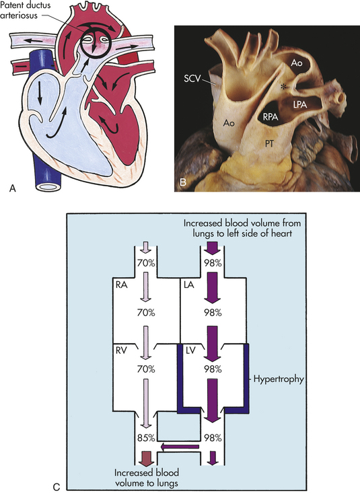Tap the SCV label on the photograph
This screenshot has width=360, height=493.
pos(192,78)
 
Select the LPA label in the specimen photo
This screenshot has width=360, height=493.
pos(299,104)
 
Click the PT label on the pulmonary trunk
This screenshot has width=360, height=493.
pos(268,144)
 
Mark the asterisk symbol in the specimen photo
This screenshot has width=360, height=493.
pos(284,87)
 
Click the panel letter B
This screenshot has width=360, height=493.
pos(183,182)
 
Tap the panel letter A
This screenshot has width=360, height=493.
pos(13,188)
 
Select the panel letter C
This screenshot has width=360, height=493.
pos(56,487)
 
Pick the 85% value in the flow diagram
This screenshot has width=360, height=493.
pos(146,437)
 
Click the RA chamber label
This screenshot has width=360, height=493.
pos(122,285)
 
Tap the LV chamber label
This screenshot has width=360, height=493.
pos(190,350)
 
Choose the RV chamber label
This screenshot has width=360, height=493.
pos(122,350)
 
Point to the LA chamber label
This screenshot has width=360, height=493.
pos(189,285)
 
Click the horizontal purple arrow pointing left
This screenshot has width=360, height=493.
pos(180,447)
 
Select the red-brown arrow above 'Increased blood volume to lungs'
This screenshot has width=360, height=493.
pos(146,459)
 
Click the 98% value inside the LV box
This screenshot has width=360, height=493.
pos(213,369)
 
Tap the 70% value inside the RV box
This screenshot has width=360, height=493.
pos(146,369)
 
